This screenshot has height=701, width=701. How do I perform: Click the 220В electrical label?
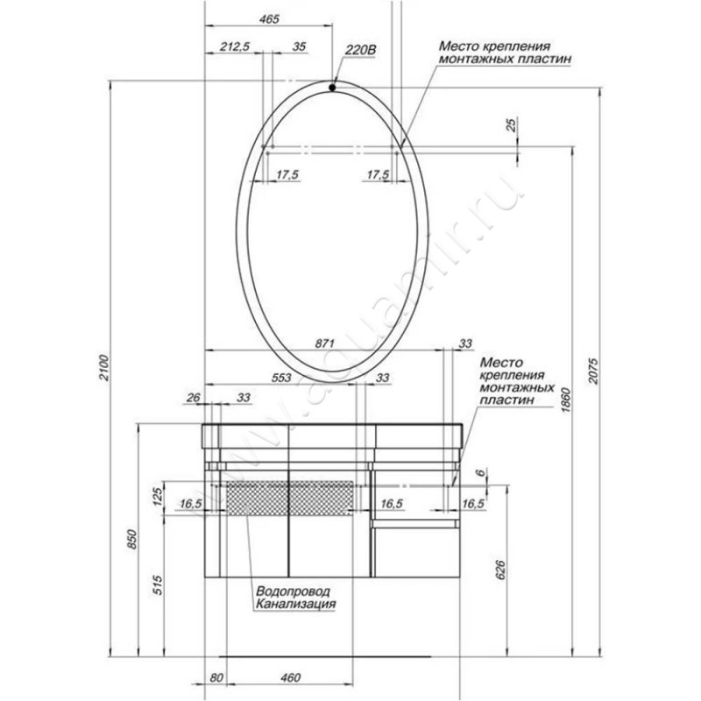tap(360, 50)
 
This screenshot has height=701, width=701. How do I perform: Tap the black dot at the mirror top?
tap(332, 88)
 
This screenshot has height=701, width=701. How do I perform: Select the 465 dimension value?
tap(269, 18)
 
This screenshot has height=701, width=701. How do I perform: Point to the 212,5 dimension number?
tap(235, 46)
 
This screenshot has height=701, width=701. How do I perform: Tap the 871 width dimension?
tap(325, 343)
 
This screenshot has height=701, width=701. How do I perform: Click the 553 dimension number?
tap(282, 378)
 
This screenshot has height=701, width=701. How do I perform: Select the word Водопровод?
tap(293, 591)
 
